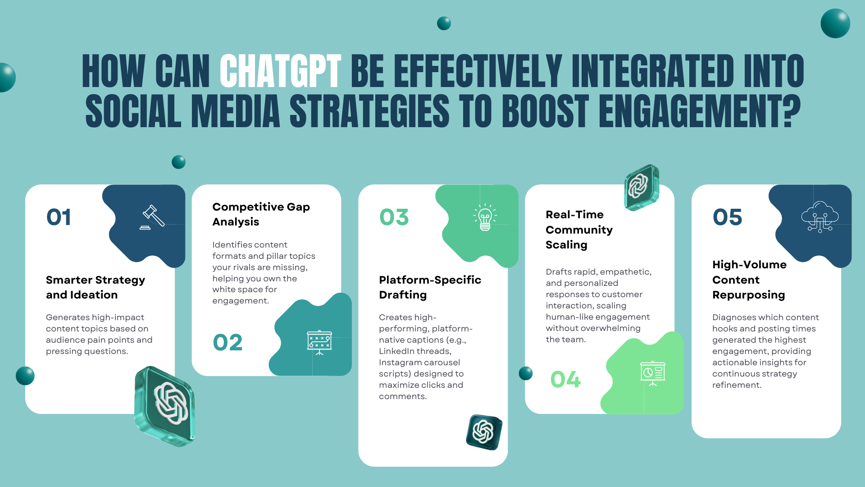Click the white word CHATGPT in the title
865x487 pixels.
pos(280,71)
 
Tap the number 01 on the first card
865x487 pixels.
pos(59,217)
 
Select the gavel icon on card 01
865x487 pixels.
pos(152,217)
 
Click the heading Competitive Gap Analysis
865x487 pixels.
pos(261,214)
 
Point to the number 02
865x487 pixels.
pos(228,342)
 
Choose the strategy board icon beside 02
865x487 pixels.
pos(319,343)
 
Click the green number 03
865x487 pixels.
pos(394,217)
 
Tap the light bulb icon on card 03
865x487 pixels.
pos(485,217)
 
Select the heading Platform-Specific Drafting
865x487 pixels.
pos(430,287)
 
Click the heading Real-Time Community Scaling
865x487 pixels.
pos(579,230)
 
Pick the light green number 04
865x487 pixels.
pos(565,379)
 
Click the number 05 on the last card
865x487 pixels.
pos(727,217)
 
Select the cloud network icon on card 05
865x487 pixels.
pos(819,217)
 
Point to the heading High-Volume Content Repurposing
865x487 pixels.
pos(749,280)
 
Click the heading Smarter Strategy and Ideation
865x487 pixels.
pos(95,287)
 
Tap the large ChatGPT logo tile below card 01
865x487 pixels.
pos(165,406)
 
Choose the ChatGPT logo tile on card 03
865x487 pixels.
pos(484,432)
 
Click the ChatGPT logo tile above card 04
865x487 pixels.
pos(641,187)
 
